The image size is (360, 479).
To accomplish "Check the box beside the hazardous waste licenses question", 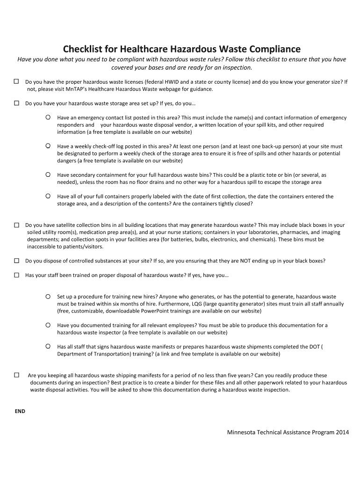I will point(16,81).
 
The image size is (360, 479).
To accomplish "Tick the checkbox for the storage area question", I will point(16,103).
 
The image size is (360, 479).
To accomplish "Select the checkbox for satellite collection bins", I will point(16,225).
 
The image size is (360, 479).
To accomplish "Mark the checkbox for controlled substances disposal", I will point(16,261).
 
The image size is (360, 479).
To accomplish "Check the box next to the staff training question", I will point(16,275).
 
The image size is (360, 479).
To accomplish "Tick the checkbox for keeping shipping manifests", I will point(16,375).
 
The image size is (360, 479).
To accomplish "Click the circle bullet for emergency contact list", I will point(48,117).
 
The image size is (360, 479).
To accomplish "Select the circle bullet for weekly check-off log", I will point(48,146).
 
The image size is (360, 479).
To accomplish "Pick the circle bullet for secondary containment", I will point(48,174).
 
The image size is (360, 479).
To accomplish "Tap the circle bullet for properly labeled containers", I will point(48,196).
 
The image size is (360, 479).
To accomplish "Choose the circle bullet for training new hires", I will point(48,297).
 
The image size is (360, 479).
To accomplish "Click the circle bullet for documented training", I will point(48,325).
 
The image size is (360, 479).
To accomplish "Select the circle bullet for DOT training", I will point(48,346).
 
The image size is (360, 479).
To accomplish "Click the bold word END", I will point(20,411).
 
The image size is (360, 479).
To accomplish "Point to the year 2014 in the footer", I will point(342,432).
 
